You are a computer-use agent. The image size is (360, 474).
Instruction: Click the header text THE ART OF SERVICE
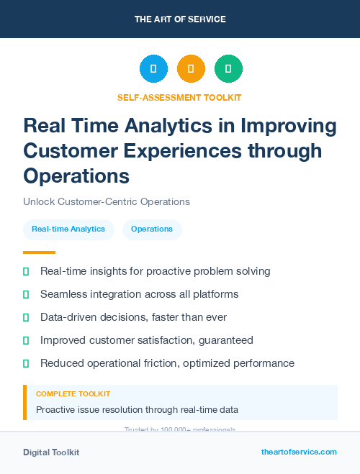click(180, 19)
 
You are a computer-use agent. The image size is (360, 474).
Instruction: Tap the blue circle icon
click(153, 69)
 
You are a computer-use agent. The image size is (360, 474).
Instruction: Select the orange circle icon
click(191, 69)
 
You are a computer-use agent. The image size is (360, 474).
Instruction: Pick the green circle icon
click(228, 69)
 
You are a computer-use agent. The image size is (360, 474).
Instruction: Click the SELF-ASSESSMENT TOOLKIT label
click(180, 97)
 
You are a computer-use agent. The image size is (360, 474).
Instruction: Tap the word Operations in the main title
click(76, 176)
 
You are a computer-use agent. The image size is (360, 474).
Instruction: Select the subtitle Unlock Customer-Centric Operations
click(107, 201)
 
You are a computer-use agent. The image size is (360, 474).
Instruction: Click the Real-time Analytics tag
click(68, 229)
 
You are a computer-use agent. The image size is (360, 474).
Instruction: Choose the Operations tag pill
click(152, 229)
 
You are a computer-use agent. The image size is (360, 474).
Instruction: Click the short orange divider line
click(39, 252)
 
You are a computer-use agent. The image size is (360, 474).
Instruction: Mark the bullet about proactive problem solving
click(155, 271)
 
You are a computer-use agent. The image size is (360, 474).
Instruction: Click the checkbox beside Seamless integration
click(26, 294)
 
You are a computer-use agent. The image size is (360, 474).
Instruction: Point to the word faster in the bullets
click(163, 317)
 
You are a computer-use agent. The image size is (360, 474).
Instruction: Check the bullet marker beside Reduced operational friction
click(26, 363)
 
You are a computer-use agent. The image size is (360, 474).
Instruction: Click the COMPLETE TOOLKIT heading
click(73, 394)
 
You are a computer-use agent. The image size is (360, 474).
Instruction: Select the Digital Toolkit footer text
click(51, 452)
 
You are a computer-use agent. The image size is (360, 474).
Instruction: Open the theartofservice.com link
click(299, 452)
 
